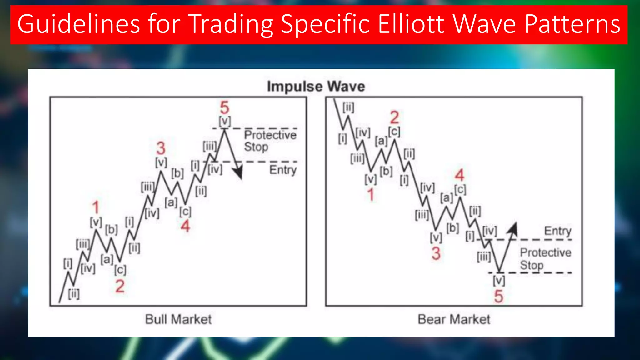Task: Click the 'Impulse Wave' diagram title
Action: pos(316,87)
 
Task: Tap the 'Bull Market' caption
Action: pos(178,319)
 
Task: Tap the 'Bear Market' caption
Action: pos(454,319)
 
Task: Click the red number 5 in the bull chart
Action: pos(224,108)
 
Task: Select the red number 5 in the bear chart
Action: pos(498,296)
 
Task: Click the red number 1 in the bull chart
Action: pos(96,207)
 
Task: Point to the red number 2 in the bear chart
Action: pos(394,118)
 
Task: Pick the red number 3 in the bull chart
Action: pos(161,148)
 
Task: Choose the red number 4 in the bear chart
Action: pos(459,175)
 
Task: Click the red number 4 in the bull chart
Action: pos(185,226)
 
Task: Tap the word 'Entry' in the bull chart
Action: pos(283,170)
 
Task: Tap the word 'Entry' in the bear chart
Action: pos(557,231)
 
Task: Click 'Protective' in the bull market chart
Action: pos(270,135)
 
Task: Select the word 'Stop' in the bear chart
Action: pos(532,265)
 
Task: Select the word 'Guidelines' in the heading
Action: pos(78,24)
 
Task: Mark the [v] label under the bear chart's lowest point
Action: pos(499,281)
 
